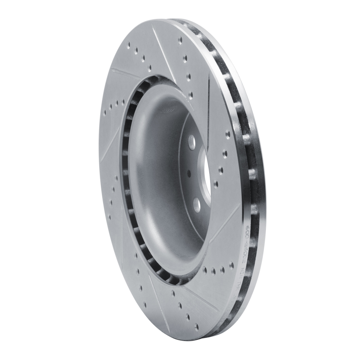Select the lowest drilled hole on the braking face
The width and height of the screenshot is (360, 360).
coord(196,327)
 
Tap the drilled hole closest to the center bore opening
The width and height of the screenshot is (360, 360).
coord(215,184)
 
